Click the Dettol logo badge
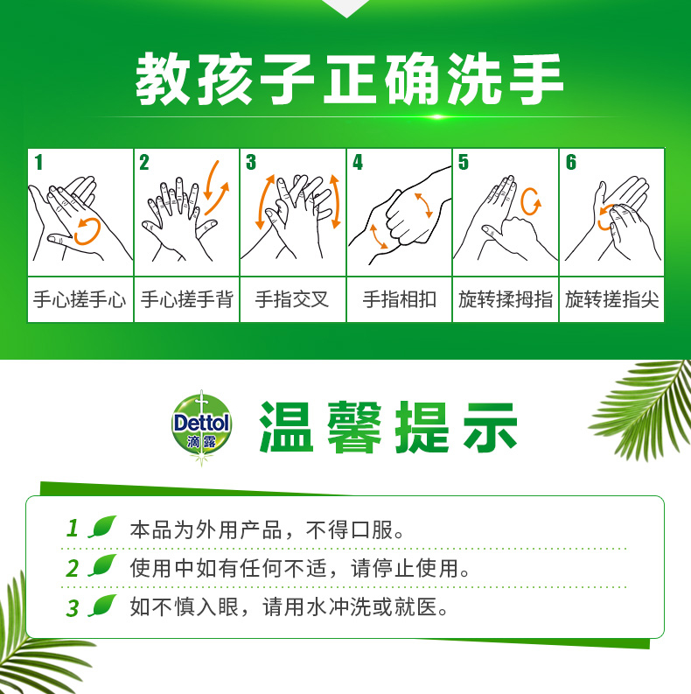(201, 427)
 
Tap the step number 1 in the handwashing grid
(39, 162)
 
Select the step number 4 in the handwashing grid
(358, 162)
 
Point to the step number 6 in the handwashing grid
(571, 162)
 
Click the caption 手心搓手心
(80, 299)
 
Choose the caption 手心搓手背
(186, 299)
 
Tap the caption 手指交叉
(292, 299)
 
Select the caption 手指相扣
(400, 299)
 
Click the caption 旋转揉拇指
(506, 299)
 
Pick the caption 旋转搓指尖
(611, 299)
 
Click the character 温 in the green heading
(286, 427)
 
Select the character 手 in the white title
(536, 80)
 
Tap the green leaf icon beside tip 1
(102, 527)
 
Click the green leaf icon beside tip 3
(102, 606)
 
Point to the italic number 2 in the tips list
(73, 568)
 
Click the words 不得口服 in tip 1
(350, 529)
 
